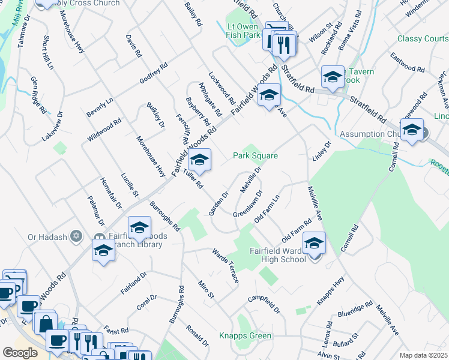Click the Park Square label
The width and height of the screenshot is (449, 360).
pos(255,156)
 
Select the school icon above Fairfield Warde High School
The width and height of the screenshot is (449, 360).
pos(313,243)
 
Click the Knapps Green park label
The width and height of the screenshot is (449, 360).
pos(245,335)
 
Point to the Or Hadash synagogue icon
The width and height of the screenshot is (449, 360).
pos(76,236)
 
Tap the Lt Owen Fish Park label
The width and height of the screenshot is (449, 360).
pos(244,31)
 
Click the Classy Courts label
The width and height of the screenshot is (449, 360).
pos(423,38)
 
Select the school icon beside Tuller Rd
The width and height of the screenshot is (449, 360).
pos(199,160)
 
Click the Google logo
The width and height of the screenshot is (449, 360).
pos(20,352)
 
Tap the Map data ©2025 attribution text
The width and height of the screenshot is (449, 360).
pos(423,355)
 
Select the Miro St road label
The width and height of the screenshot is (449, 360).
pos(206,289)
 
